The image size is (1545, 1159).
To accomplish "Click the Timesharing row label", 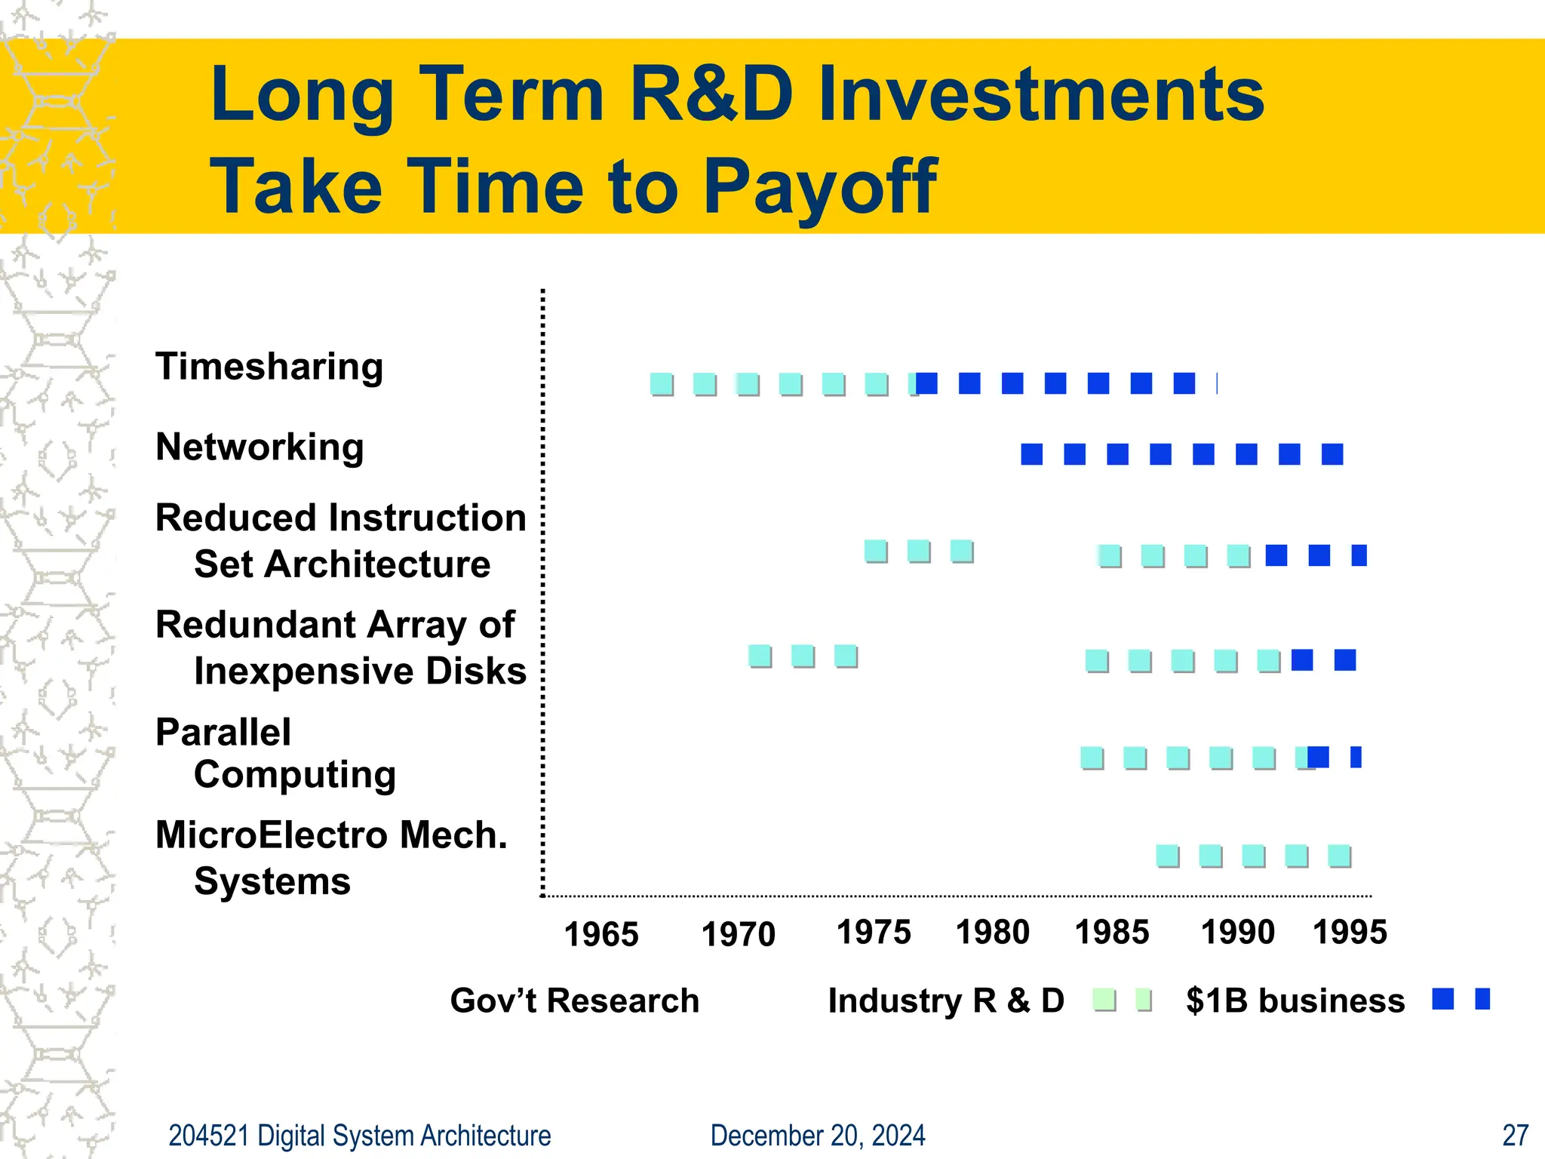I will tap(269, 367).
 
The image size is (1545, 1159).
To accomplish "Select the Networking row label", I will tap(260, 447).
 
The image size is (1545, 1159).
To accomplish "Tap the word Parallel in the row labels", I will tap(223, 733).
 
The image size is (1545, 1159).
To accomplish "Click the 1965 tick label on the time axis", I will tap(601, 935).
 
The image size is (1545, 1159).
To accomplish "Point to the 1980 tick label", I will tap(992, 933).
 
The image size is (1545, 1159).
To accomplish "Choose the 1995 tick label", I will tap(1350, 933).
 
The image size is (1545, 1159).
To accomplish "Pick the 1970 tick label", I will tap(738, 935).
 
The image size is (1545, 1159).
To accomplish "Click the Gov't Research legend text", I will tap(575, 1001).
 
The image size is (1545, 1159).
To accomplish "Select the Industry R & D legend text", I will tap(946, 1001).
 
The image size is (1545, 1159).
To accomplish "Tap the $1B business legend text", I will tap(1295, 1001).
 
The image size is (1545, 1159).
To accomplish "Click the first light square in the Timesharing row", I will tap(662, 384).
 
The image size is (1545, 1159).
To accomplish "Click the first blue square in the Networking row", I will tap(1031, 454).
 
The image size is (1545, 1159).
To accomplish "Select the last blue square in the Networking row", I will tap(1332, 454).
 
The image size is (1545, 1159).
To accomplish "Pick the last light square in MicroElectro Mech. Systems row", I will tap(1339, 856).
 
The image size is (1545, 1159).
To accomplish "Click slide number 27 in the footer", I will tap(1516, 1136).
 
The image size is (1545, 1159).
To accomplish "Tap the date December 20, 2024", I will tap(818, 1136).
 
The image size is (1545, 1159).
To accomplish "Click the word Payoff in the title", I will tap(820, 186).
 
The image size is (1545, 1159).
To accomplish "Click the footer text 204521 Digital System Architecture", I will tap(360, 1136).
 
